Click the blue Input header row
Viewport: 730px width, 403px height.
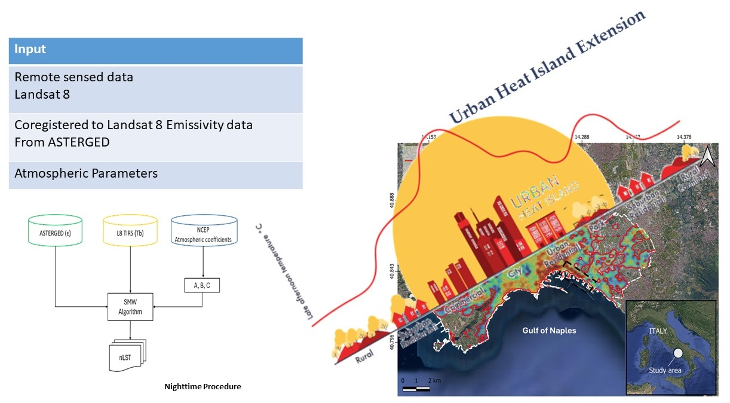[x=155, y=51]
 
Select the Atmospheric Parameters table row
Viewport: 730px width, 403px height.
[x=155, y=174]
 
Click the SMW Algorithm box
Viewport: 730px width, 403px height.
[x=130, y=307]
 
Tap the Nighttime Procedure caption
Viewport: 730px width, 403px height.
[x=203, y=387]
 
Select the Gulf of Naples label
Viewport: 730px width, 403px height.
[x=549, y=330]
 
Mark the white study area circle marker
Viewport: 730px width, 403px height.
[x=679, y=353]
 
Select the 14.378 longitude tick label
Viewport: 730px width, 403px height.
[x=685, y=137]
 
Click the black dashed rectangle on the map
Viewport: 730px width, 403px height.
[x=581, y=272]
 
